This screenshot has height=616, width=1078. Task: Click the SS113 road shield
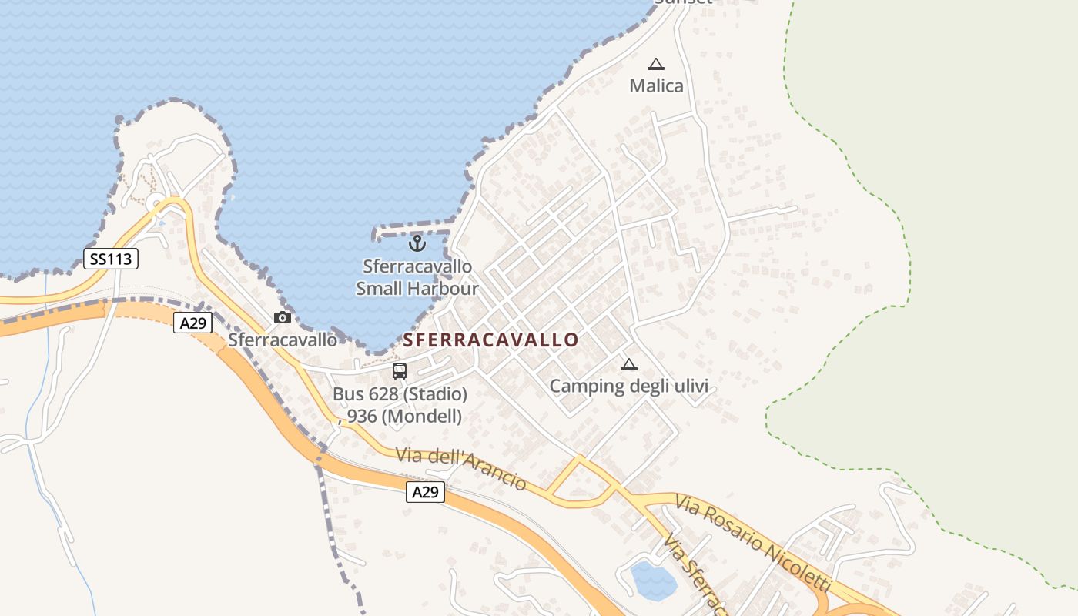pos(111,259)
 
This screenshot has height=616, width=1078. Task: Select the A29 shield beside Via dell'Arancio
pos(425,492)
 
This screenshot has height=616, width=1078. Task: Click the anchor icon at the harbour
pos(417,243)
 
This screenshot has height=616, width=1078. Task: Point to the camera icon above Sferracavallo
pos(283,317)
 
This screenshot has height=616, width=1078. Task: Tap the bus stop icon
pos(400,371)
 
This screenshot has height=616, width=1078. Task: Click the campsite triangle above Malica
pos(656,64)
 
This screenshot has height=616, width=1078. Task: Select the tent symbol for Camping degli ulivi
pos(629,364)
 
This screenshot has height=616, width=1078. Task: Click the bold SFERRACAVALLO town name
pos(490,340)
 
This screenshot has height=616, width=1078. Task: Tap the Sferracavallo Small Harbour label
pos(417,277)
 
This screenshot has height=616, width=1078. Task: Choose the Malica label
pos(656,85)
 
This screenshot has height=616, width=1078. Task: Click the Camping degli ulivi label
pos(628,386)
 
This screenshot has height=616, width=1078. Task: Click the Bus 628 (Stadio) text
pos(400,394)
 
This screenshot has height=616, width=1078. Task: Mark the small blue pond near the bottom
pos(653,580)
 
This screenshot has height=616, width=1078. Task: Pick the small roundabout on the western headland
pos(156,204)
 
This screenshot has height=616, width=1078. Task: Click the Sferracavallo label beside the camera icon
pos(283,340)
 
